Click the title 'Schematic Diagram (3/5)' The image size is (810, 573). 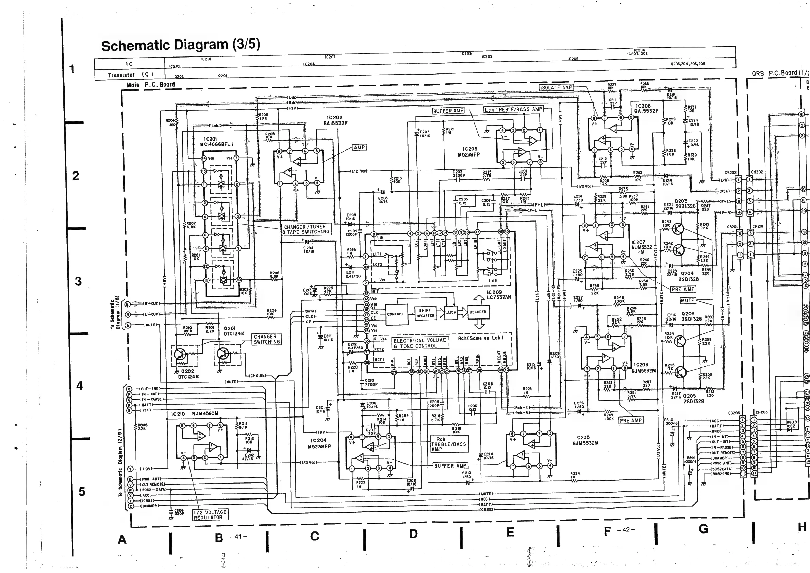tap(180, 45)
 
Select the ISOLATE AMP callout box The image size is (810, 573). tap(556, 87)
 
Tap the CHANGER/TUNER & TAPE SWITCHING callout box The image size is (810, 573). tap(306, 229)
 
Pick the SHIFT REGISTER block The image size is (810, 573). tap(425, 313)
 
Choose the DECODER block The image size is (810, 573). tap(478, 312)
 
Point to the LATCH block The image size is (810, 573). tap(451, 313)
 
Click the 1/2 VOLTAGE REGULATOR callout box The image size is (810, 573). tap(210, 515)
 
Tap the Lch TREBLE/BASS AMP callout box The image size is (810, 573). tap(513, 109)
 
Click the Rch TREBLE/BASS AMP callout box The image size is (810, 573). tap(449, 444)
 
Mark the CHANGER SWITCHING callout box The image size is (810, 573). tap(266, 339)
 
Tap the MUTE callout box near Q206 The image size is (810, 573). tap(688, 300)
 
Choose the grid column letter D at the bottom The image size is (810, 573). tap(413, 534)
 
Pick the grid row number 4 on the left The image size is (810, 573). tap(79, 386)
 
